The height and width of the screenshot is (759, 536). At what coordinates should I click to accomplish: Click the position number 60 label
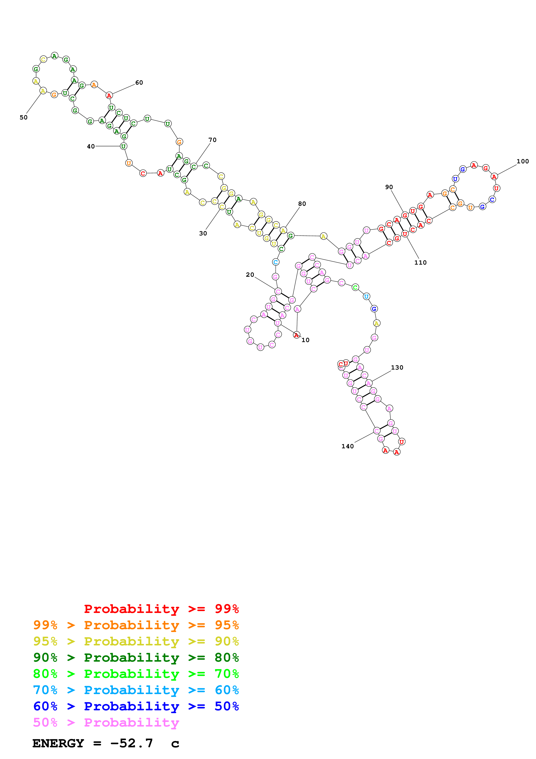[x=139, y=83]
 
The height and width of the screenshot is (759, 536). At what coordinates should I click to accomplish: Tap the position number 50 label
[x=23, y=117]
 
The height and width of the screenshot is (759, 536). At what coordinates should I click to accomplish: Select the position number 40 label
[x=91, y=146]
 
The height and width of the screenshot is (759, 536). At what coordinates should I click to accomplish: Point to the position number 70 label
[x=212, y=140]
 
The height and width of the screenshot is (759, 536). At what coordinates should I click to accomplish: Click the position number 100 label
[x=522, y=161]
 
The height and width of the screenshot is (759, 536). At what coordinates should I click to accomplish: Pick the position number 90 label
[x=389, y=187]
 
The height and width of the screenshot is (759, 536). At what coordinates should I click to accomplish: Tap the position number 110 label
[x=420, y=262]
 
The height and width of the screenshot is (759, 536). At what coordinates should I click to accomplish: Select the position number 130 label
[x=397, y=368]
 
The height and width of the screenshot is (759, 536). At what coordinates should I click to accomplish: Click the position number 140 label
[x=347, y=446]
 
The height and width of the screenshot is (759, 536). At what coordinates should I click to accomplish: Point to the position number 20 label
[x=250, y=275]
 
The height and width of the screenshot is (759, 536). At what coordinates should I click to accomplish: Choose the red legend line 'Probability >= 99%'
[x=161, y=609]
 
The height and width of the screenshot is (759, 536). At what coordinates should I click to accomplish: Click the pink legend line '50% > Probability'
[x=106, y=723]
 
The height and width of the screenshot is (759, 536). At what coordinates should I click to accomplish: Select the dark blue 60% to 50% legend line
[x=136, y=706]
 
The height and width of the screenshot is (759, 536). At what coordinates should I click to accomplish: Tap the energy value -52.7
[x=131, y=743]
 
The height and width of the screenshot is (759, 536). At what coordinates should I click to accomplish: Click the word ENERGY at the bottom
[x=58, y=743]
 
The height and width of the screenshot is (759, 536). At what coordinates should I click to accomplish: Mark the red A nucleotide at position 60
[x=109, y=96]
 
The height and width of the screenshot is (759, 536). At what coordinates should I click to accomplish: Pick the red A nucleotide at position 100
[x=494, y=177]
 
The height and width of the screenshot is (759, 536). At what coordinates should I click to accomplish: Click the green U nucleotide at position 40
[x=123, y=146]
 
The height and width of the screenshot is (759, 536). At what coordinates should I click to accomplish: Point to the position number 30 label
[x=203, y=233]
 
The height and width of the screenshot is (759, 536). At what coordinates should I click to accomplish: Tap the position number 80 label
[x=302, y=204]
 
